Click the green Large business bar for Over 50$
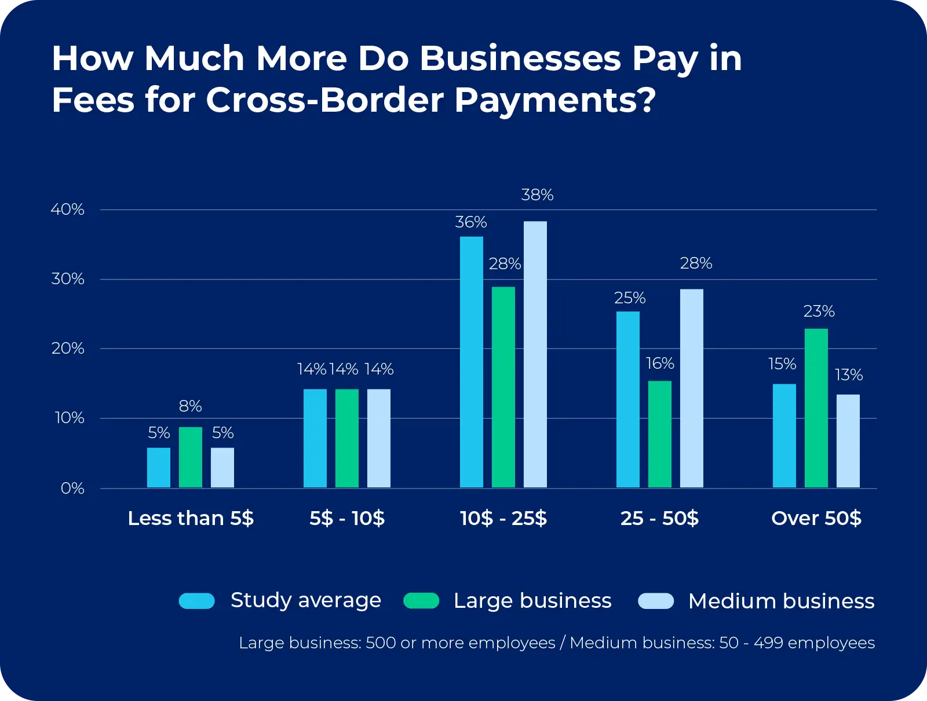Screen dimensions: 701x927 816,408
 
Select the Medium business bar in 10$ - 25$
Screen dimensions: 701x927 535,354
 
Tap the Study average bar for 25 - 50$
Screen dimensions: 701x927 627,399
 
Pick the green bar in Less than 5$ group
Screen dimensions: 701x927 190,457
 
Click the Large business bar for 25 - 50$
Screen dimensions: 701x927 659,434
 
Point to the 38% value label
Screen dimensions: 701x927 537,195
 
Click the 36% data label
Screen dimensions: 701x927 470,222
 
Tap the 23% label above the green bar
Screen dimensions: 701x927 819,311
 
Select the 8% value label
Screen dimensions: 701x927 190,406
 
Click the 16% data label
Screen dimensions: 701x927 660,364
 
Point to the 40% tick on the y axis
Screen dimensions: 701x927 68,210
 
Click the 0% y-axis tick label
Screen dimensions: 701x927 72,489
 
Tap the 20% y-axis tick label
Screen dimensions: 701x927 68,348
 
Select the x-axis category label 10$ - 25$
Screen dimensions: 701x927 503,518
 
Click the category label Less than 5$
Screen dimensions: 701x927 191,518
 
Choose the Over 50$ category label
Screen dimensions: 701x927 816,518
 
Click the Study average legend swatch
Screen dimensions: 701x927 197,601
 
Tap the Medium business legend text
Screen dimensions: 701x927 781,601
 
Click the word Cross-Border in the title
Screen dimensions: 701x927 326,100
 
